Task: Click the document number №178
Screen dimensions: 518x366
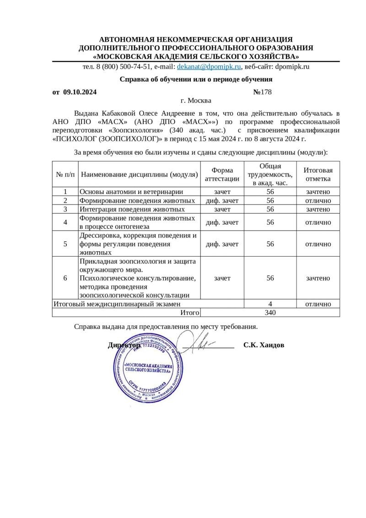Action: coord(263,92)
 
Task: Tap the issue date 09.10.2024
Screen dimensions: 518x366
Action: coord(80,92)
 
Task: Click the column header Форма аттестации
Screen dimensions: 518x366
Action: coord(222,174)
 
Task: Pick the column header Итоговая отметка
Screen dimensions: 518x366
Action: coord(318,174)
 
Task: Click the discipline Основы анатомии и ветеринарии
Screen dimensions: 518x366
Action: coord(131,192)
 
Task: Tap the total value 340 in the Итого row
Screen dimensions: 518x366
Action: coord(270,313)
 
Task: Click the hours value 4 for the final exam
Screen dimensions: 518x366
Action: coord(270,303)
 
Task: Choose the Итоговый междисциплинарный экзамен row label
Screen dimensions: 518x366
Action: coord(117,303)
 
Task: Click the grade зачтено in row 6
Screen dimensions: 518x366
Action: coord(318,278)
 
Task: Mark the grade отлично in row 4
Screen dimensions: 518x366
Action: coord(318,222)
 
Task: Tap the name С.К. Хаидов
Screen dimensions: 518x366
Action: coord(264,345)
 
